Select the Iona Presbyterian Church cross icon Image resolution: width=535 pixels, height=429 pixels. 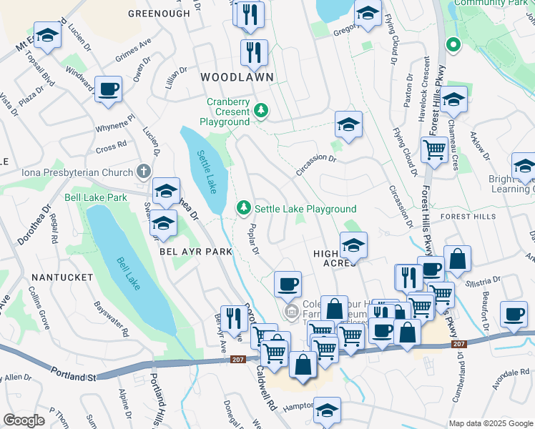pos(143,172)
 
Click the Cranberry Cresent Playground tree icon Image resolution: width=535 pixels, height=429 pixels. pos(262,110)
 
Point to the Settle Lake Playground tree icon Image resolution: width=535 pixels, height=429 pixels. pos(244,208)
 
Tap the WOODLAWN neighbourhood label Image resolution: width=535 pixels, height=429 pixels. pos(228,76)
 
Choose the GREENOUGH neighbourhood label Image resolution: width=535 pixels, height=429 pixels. pos(159,14)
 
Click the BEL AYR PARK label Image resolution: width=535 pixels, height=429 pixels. pos(196,252)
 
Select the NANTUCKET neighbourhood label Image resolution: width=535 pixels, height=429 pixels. pos(62,277)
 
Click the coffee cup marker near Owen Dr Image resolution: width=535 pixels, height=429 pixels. pos(108,89)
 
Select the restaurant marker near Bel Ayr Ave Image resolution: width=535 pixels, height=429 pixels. pos(234,319)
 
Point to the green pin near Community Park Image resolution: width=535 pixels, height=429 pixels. pos(452,46)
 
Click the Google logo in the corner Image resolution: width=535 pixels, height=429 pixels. pos(24,420)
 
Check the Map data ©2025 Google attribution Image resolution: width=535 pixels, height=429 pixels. pos(490,423)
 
